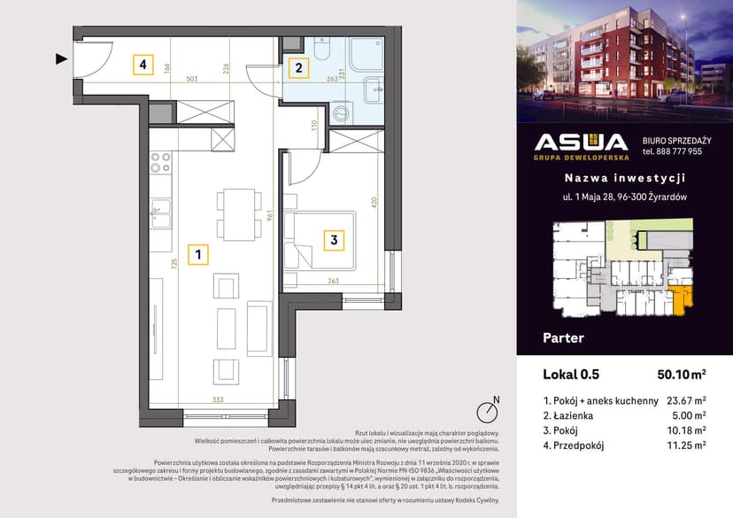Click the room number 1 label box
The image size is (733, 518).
coord(199,255)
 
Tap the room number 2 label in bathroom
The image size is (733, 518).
coord(299,66)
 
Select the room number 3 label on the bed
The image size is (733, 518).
coord(333,238)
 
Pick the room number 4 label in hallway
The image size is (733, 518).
coord(141,65)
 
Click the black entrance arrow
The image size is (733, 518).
coord(61,59)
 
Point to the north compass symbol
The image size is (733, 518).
coord(485,412)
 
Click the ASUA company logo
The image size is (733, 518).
coord(581,145)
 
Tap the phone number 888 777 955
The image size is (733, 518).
coord(672,151)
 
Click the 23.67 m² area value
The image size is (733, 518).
coord(685,400)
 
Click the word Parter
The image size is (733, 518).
coord(563,337)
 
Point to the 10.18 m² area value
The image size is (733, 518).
coord(685,430)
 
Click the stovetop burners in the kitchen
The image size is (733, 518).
coord(160,163)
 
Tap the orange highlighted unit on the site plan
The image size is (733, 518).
coord(681,300)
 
